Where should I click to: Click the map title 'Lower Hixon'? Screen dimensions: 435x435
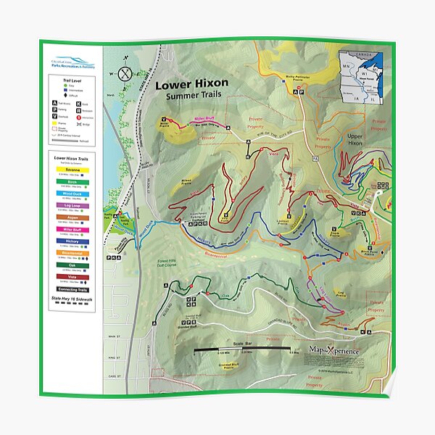pyautogui.click(x=191, y=83)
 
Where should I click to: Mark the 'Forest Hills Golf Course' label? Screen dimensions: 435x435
pyautogui.click(x=169, y=265)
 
